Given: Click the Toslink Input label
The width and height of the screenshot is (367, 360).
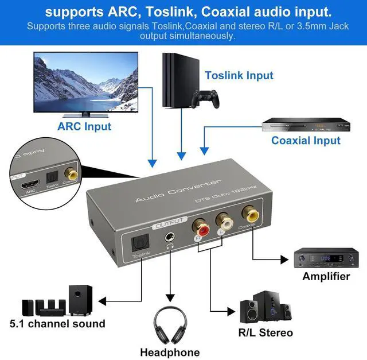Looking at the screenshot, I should pyautogui.click(x=239, y=75).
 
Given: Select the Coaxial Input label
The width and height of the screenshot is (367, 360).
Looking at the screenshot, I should pyautogui.click(x=306, y=140).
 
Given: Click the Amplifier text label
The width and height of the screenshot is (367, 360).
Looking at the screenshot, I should pyautogui.click(x=326, y=277).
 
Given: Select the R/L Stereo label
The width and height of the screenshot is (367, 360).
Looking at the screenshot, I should pyautogui.click(x=266, y=332).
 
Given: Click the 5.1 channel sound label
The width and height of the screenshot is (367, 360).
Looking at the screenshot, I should pyautogui.click(x=57, y=323).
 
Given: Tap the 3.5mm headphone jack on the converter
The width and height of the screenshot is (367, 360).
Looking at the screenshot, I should pyautogui.click(x=169, y=236).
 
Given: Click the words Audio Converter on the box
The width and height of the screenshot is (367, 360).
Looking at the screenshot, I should pyautogui.click(x=177, y=191).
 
